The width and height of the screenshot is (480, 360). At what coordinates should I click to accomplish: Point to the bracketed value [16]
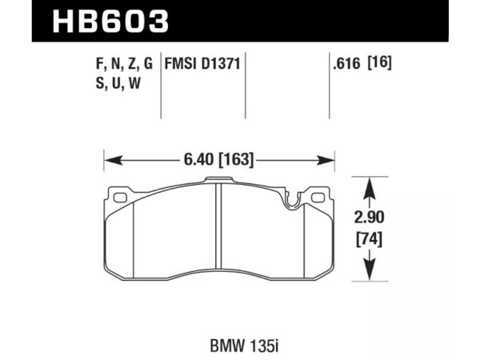[381, 62]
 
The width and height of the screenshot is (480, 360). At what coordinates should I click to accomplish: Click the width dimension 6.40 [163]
[218, 160]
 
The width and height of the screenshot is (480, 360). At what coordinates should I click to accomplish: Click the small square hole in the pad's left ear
[122, 196]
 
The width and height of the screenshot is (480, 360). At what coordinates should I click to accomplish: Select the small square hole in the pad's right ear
[317, 196]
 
